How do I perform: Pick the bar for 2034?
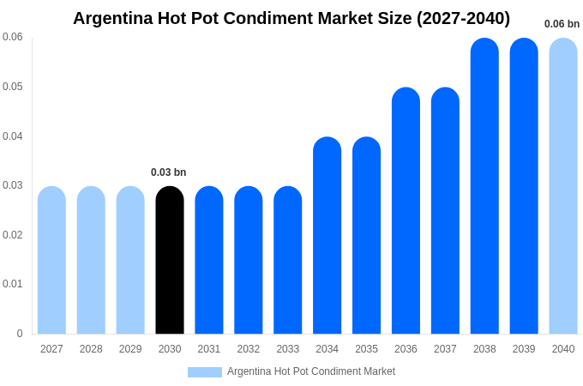coord(327,235)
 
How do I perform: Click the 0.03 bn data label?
coord(168,172)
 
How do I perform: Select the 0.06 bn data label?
coord(562,24)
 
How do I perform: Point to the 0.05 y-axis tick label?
coord(13,87)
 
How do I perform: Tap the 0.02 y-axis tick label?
coord(13,235)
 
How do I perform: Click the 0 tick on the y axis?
coord(20,334)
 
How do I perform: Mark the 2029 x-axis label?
coord(130,349)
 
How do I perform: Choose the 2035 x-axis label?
coord(366,349)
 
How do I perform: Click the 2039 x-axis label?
coord(524,349)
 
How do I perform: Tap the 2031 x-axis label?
coord(209,349)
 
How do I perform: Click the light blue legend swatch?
coord(204,372)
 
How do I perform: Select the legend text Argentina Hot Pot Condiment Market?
coord(311,371)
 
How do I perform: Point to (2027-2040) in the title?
coord(463,18)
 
